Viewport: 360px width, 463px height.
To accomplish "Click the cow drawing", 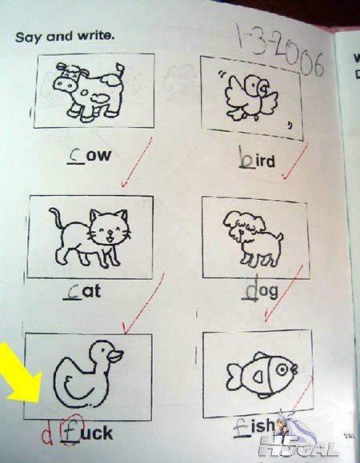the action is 89,91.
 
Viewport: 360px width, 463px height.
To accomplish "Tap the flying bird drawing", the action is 251,98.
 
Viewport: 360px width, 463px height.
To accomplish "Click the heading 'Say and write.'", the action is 65,37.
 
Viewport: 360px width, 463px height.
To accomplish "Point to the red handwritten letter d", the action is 47,434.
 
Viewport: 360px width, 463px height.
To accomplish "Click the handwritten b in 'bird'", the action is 247,158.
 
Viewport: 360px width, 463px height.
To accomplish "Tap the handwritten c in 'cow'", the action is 77,156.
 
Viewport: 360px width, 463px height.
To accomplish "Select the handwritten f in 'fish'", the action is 240,427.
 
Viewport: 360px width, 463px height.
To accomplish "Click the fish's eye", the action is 282,369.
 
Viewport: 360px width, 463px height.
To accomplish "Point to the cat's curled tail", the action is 57,218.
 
